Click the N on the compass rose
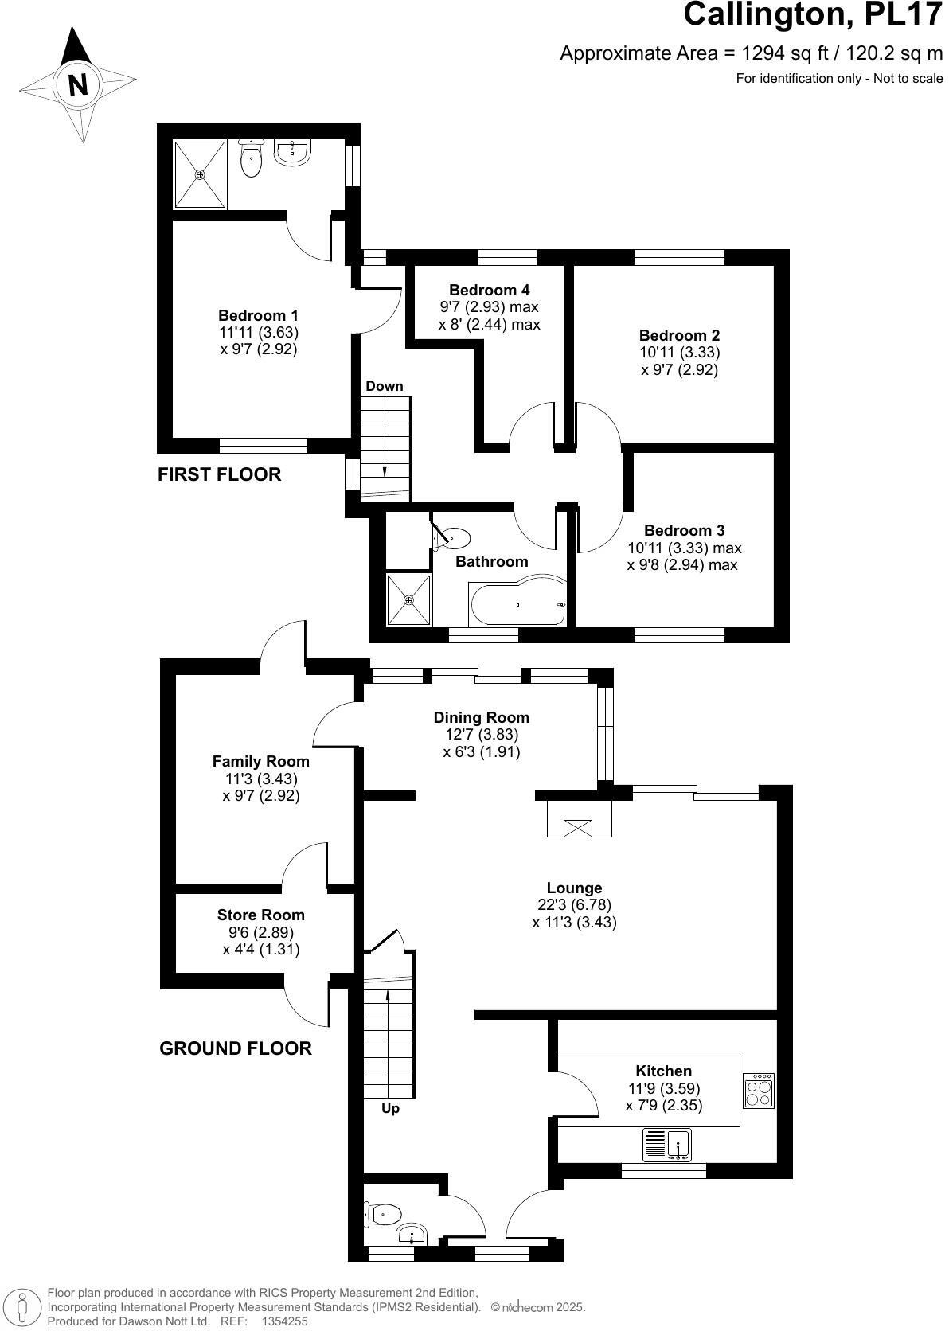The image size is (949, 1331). (77, 84)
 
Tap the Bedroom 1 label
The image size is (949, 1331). (258, 314)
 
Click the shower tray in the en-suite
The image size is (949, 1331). (200, 174)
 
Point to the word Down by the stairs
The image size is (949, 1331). (385, 386)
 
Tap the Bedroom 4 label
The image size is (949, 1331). (489, 290)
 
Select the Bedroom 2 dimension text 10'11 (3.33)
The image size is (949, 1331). (679, 353)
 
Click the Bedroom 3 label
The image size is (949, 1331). (684, 530)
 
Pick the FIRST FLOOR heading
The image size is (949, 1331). (219, 475)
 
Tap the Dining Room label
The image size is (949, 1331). (481, 717)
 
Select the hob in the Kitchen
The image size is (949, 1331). (758, 1091)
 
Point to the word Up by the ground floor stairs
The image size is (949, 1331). (390, 1108)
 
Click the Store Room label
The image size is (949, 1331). (260, 915)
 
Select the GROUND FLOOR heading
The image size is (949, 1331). (236, 1048)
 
